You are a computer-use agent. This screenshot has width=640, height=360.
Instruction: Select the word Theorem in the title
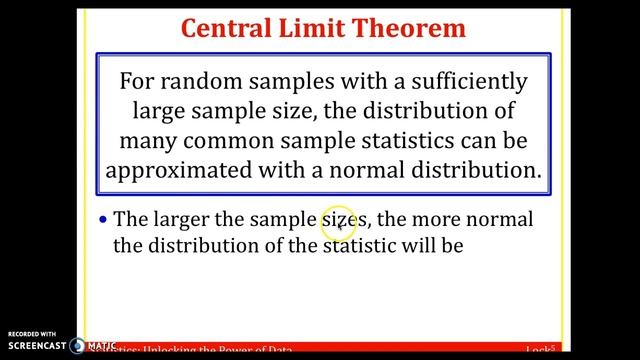coord(409,27)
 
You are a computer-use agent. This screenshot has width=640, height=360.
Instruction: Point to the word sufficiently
coord(456,81)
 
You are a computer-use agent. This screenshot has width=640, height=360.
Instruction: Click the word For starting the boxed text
coord(138,81)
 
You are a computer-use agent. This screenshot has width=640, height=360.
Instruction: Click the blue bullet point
coord(104,219)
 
